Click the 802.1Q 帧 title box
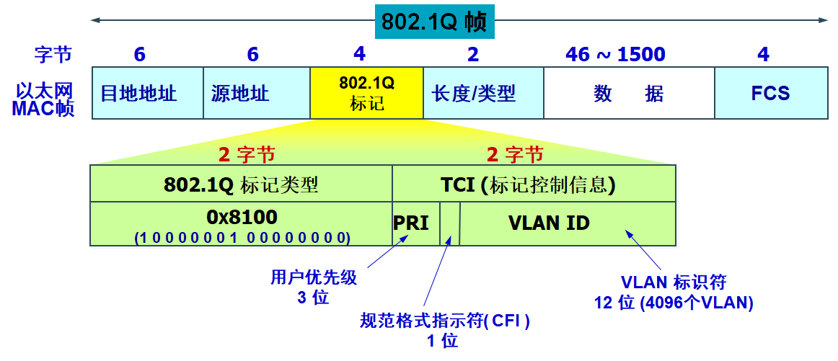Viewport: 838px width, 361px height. (x=434, y=22)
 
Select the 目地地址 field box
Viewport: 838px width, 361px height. (x=148, y=93)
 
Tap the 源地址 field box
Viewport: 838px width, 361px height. (x=257, y=93)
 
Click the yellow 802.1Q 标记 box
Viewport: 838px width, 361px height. (x=366, y=93)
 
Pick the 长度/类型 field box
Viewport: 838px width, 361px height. (x=482, y=93)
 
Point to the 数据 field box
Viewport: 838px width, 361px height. (x=628, y=93)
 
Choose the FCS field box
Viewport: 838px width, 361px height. (x=770, y=93)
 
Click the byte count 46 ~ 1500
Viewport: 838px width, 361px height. (x=615, y=54)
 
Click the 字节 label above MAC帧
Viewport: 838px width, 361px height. (x=53, y=54)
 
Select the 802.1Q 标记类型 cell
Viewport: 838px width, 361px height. (x=241, y=184)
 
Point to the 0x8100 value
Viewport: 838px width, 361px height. (x=242, y=217)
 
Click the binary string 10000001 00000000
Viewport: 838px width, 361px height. (x=242, y=236)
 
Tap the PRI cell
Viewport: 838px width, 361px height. (x=411, y=223)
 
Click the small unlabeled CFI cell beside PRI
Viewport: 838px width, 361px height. (x=449, y=223)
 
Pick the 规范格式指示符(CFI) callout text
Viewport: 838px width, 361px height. (x=445, y=321)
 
